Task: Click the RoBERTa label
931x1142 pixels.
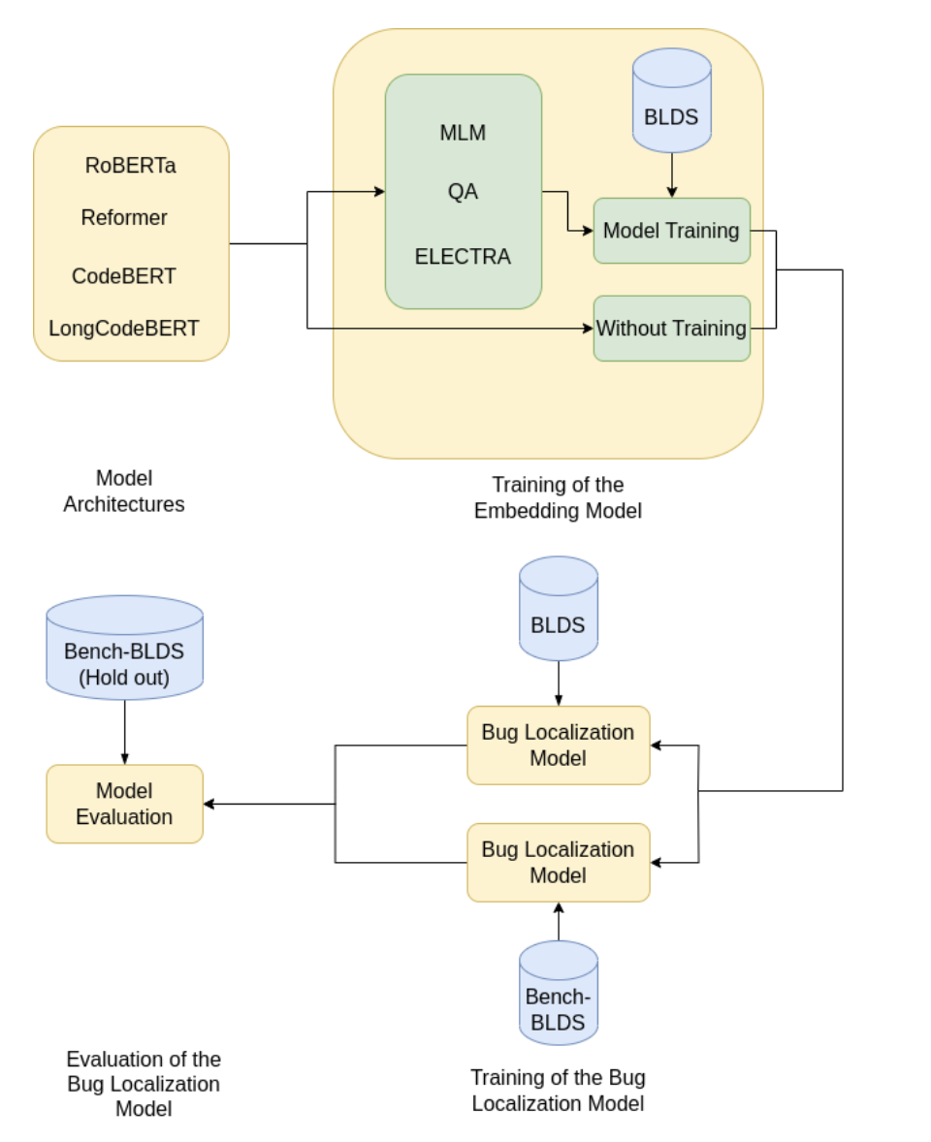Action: [130, 166]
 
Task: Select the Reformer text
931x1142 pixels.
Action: [124, 218]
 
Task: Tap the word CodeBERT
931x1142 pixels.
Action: [124, 276]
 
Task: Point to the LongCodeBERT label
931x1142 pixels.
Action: [124, 329]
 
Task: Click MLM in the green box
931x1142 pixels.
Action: [463, 133]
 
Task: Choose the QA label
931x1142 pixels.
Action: [463, 192]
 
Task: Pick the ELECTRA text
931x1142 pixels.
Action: [463, 257]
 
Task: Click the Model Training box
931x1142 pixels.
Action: [671, 231]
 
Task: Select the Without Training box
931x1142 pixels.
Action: [671, 329]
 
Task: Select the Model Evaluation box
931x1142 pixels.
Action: [124, 804]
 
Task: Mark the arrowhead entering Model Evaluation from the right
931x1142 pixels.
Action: [209, 804]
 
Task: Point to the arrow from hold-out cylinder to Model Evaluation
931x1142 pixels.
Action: [124, 732]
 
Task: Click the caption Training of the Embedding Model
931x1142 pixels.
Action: [558, 497]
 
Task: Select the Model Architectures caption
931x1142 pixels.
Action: [124, 492]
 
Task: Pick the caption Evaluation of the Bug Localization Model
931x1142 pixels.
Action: [144, 1084]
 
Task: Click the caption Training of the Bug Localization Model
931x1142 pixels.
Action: [558, 1091]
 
